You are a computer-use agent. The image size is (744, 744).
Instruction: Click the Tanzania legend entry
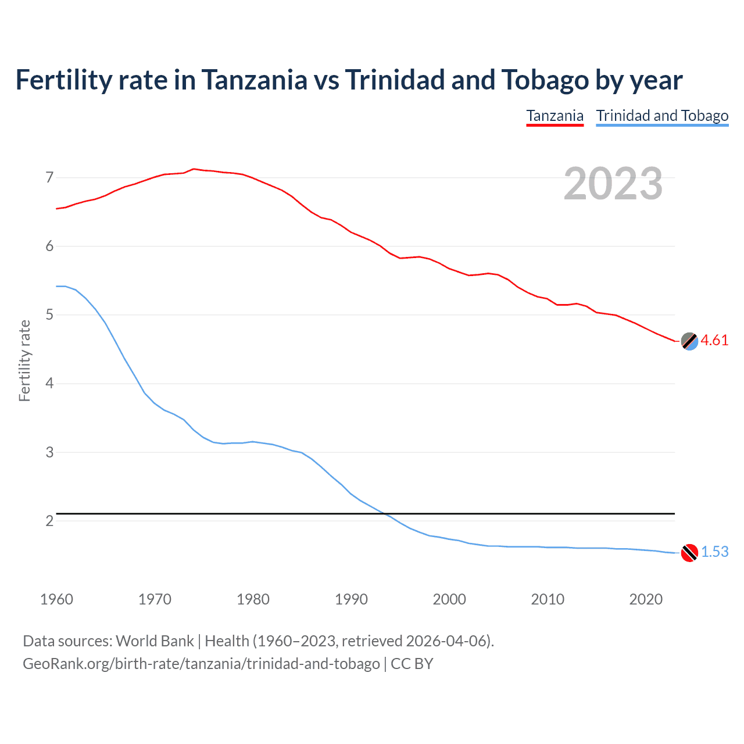(x=555, y=116)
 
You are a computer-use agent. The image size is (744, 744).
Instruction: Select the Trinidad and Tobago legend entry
(x=662, y=116)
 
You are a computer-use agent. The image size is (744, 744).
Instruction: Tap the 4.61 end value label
(x=714, y=341)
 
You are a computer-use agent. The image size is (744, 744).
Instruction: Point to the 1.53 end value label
(x=714, y=552)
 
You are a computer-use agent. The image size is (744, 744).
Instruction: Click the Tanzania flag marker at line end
(x=689, y=341)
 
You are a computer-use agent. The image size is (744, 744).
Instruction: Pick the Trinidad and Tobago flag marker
(x=689, y=553)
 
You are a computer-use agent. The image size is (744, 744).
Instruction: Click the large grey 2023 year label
(x=613, y=184)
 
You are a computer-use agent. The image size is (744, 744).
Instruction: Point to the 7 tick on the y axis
(x=49, y=177)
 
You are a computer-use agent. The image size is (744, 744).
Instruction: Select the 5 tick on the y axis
(x=49, y=315)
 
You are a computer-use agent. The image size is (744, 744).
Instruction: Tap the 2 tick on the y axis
(x=49, y=521)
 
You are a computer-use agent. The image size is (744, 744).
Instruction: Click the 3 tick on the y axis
(x=49, y=452)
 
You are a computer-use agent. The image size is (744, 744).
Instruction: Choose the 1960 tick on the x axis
(x=56, y=599)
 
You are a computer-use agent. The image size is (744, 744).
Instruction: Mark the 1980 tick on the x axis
(x=253, y=599)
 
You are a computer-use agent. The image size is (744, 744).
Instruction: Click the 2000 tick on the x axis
(x=449, y=599)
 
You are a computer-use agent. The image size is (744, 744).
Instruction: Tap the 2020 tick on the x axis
(x=646, y=599)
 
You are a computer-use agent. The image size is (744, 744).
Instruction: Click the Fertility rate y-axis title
(x=24, y=360)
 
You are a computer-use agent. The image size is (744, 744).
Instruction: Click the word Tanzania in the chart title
(x=254, y=80)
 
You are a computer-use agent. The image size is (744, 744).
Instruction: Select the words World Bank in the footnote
(x=155, y=641)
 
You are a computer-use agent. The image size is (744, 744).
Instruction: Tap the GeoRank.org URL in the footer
(x=201, y=664)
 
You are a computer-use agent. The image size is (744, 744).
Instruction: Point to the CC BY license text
(x=412, y=664)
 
